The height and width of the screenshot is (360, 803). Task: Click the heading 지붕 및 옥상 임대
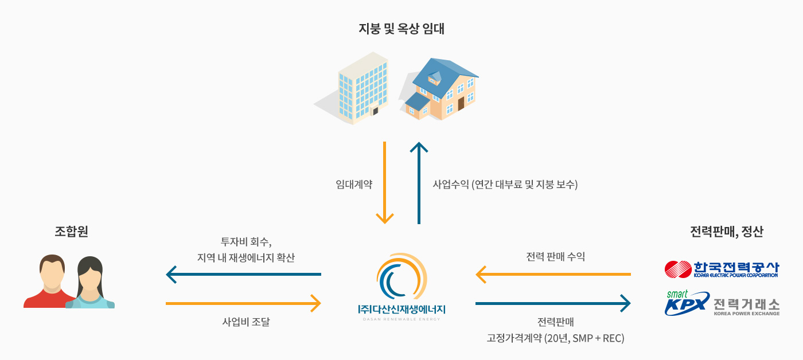(401, 29)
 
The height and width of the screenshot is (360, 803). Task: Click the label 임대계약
(354, 185)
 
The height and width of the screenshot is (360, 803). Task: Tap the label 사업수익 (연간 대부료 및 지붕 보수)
(505, 185)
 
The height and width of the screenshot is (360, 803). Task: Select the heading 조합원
(71, 232)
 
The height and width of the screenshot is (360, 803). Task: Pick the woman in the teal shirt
(91, 284)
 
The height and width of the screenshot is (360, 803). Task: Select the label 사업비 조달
(245, 322)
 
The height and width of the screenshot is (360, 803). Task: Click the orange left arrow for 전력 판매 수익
(553, 275)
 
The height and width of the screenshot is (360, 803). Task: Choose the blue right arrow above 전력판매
(553, 303)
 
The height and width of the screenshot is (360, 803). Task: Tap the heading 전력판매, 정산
(727, 232)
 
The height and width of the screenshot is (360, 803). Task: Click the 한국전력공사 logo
(722, 269)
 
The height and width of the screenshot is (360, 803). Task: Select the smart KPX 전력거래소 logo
(722, 303)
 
